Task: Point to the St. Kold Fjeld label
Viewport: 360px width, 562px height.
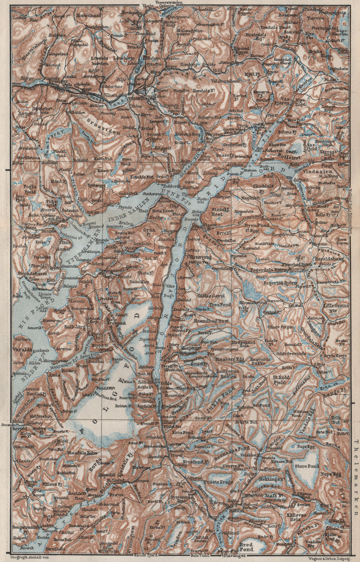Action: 281,381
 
